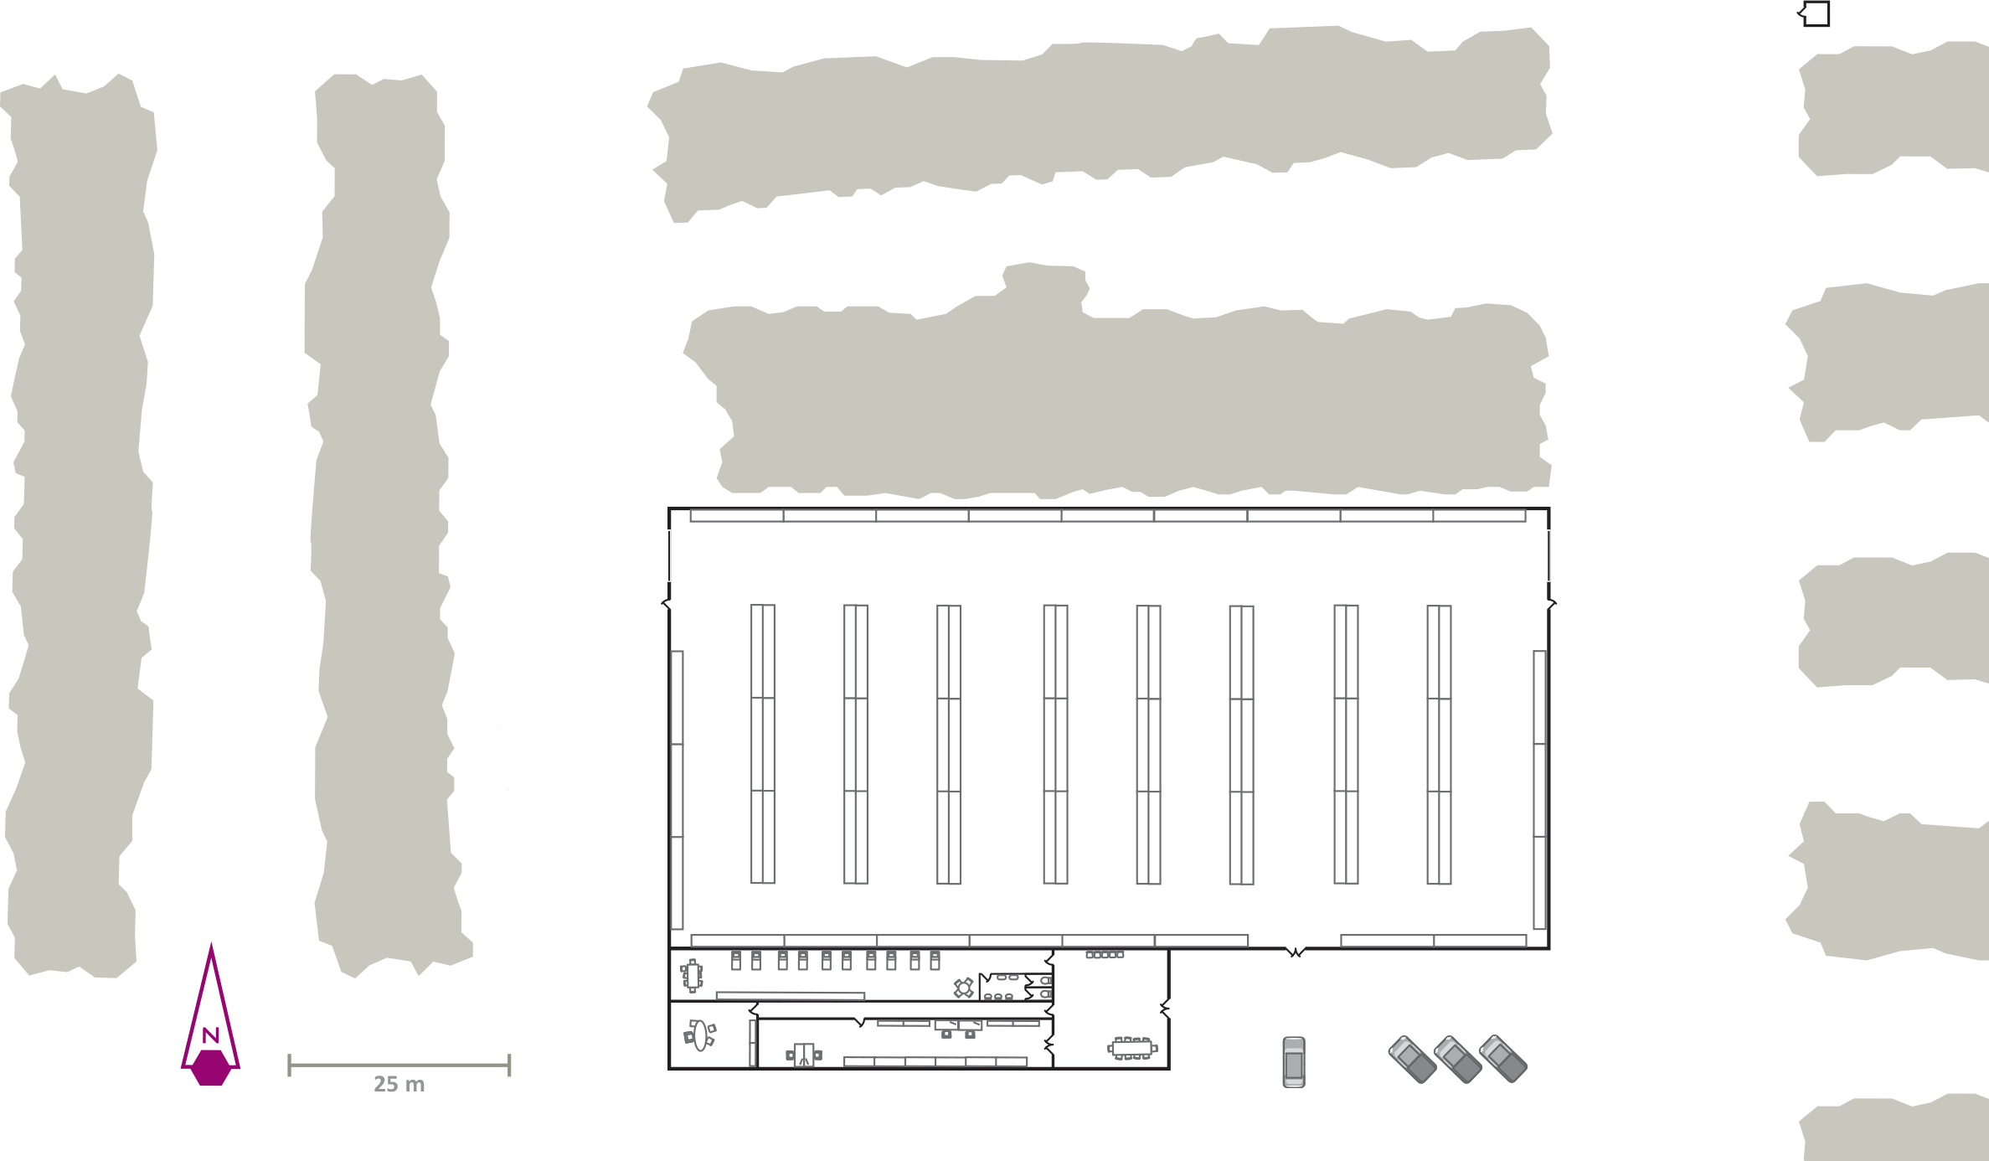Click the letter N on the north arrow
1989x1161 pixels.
[211, 1035]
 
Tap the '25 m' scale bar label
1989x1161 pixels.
[399, 1085]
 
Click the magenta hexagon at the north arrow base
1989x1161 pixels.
[211, 1068]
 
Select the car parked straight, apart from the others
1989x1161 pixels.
[1294, 1062]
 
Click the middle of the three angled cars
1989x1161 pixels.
[1458, 1060]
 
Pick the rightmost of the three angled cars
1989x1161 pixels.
[1503, 1059]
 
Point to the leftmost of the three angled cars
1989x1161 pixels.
[1413, 1060]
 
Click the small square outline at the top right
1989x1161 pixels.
[1815, 13]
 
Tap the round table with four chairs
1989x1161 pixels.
[964, 988]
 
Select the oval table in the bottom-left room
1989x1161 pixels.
[700, 1035]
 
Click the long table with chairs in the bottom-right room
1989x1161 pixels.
[1132, 1048]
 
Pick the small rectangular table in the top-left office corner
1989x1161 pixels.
[692, 976]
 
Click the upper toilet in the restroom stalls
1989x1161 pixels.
[1045, 980]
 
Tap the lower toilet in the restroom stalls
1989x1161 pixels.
[1045, 994]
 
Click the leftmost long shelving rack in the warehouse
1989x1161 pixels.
[763, 744]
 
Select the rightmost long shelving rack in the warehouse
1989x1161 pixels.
[1439, 745]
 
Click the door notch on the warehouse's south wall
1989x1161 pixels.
[1296, 952]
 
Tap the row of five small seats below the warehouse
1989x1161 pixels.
[1105, 954]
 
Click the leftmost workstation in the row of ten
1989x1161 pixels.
[736, 960]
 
